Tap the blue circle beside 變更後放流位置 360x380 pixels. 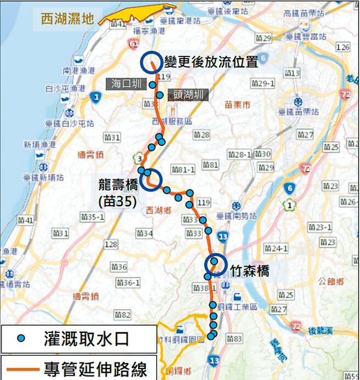point(150,63)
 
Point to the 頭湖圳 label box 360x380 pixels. point(187,95)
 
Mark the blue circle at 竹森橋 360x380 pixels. point(216,264)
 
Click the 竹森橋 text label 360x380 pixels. point(250,271)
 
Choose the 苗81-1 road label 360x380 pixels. point(183,169)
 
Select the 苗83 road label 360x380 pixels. point(234,339)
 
